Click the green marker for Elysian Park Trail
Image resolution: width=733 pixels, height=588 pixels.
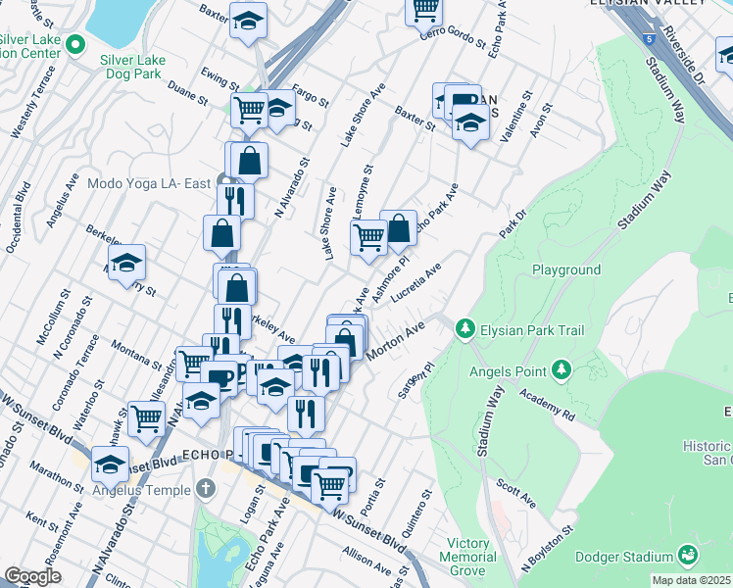pos(467,329)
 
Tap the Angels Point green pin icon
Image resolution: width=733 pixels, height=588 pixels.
pos(562,369)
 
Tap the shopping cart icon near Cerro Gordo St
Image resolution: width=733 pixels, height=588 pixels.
pos(425,9)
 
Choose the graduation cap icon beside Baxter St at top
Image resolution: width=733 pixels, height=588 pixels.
pos(249,19)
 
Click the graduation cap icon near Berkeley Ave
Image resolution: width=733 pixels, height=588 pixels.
pos(127,263)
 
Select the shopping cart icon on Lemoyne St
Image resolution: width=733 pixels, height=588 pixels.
pos(368,236)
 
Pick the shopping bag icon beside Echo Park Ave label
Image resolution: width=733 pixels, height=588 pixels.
pos(399,228)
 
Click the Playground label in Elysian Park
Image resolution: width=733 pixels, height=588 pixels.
pos(565,269)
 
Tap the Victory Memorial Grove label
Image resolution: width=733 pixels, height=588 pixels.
pos(467,550)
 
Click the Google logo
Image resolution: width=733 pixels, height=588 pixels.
pos(32,575)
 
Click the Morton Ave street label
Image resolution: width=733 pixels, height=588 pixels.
pos(396,340)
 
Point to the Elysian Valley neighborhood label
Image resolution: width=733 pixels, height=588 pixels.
pos(648,3)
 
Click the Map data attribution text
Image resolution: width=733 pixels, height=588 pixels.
pos(691,580)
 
